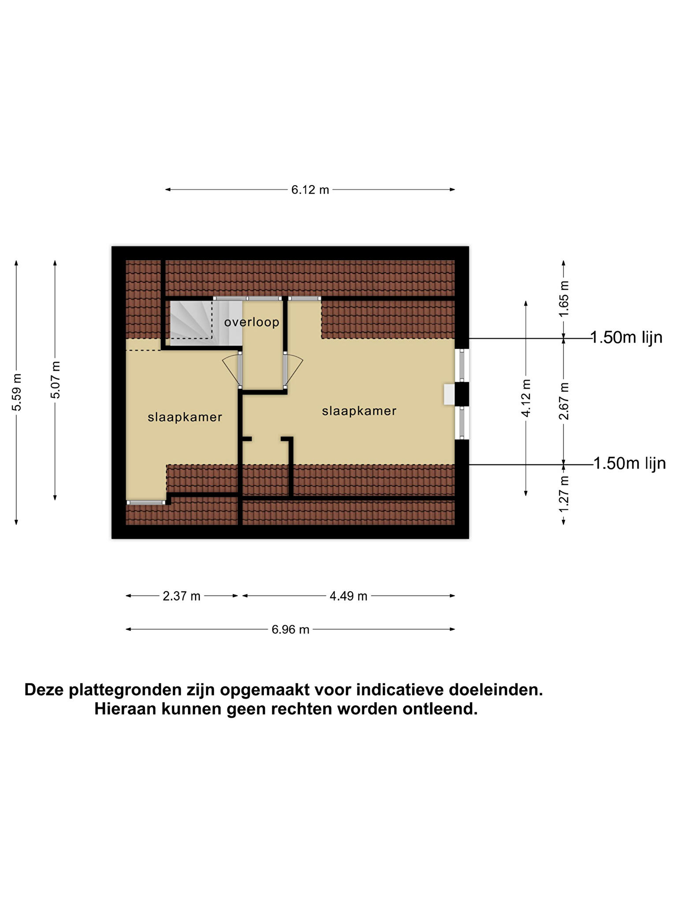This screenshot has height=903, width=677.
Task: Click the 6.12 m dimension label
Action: (310, 190)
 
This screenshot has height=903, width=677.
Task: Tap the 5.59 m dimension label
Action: (16, 392)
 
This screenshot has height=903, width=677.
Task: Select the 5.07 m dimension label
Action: (55, 380)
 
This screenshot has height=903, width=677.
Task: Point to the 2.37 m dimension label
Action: (182, 596)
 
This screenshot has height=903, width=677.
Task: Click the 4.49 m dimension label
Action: (348, 596)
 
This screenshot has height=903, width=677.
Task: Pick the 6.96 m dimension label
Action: (290, 630)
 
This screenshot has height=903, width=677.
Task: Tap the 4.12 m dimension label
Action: (526, 398)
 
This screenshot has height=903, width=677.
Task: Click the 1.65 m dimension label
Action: (564, 299)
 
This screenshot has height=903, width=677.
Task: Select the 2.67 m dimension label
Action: (564, 401)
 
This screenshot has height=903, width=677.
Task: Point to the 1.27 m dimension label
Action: (564, 494)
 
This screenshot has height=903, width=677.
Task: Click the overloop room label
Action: (252, 322)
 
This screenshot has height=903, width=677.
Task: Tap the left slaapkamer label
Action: (185, 417)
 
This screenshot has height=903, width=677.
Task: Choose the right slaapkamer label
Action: (359, 411)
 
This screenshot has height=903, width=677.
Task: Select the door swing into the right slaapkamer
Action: (294, 370)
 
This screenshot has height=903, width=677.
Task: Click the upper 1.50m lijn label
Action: (626, 337)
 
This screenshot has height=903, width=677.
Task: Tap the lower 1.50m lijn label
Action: (629, 463)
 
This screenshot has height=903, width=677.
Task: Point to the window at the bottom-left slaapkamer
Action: (146, 502)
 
